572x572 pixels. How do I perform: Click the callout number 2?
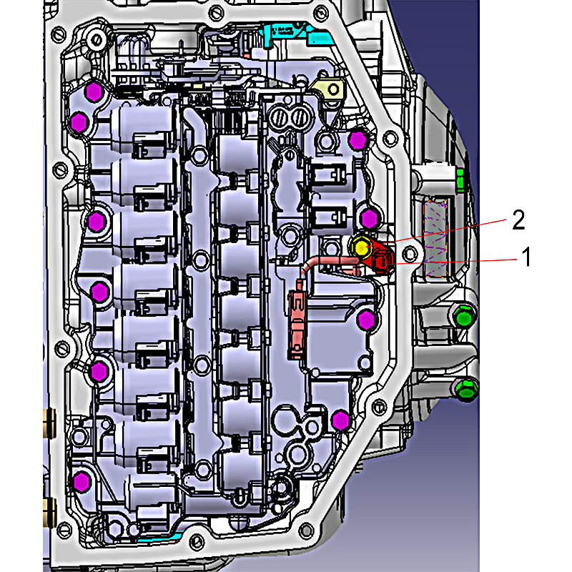[x=518, y=220]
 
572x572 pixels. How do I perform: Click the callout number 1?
[x=526, y=257]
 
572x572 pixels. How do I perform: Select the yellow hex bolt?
[x=361, y=247]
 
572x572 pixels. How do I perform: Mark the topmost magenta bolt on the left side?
[x=94, y=92]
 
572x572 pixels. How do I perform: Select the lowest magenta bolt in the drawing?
[x=82, y=481]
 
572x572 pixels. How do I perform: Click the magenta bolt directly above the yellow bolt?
[x=369, y=218]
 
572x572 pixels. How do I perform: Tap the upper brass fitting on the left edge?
[x=49, y=423]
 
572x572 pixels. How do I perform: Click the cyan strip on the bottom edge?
[x=160, y=537]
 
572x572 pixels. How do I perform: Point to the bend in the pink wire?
[x=307, y=264]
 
